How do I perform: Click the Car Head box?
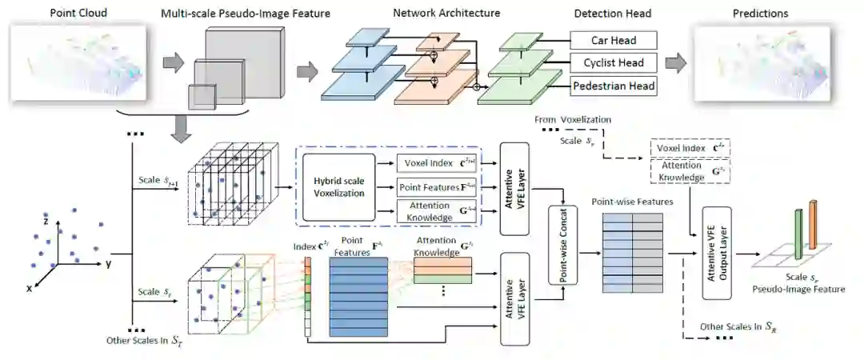coord(613,40)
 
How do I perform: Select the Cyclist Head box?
coord(613,62)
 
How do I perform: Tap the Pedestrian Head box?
coord(613,86)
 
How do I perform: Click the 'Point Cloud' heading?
coord(78,14)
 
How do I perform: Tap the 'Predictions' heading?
coord(760,14)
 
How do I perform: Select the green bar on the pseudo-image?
coord(797,234)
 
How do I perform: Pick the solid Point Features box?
coord(435,186)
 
